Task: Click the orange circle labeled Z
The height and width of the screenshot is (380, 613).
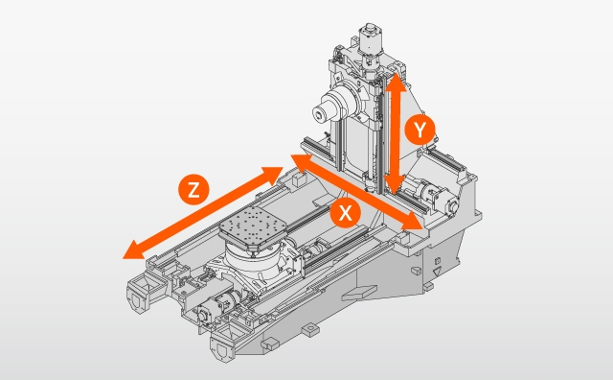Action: tap(193, 190)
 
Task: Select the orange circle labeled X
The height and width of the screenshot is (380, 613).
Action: tap(345, 213)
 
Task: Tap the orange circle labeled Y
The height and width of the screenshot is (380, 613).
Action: tap(420, 130)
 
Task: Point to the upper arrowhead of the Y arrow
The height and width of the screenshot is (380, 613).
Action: tap(397, 82)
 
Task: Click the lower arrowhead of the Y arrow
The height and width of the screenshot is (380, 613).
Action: tap(395, 185)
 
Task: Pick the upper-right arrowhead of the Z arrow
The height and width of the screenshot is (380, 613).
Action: tap(272, 175)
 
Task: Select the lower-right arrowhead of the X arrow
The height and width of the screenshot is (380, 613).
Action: tap(412, 221)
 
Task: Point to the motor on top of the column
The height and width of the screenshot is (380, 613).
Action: tap(369, 39)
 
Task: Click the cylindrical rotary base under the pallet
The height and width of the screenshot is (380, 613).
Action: tap(253, 261)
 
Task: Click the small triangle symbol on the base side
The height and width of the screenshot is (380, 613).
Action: tap(437, 271)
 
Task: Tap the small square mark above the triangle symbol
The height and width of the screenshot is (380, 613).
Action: tap(438, 261)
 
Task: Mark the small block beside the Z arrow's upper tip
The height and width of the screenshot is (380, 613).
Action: tap(300, 179)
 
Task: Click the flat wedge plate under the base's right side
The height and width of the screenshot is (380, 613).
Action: tap(360, 292)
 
